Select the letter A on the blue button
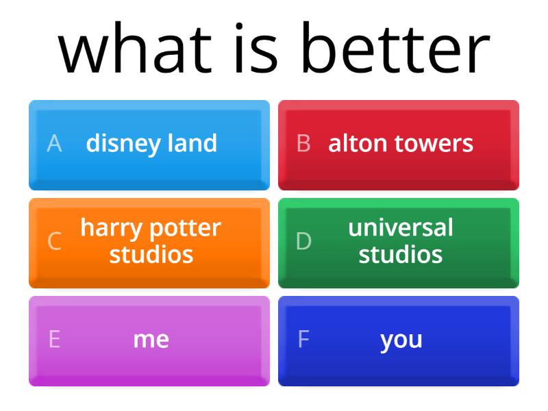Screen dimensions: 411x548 tap(54, 144)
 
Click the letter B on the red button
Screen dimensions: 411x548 tap(303, 144)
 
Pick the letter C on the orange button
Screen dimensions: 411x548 tap(54, 241)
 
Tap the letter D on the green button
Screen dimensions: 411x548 tap(303, 241)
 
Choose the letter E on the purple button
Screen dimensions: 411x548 tap(54, 340)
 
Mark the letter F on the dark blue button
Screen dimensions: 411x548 tap(303, 340)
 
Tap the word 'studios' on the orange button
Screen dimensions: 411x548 tap(151, 255)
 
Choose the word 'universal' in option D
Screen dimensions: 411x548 tap(401, 227)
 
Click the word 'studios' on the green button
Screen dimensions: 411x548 tap(401, 255)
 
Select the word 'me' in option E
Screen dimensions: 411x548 tap(151, 340)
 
